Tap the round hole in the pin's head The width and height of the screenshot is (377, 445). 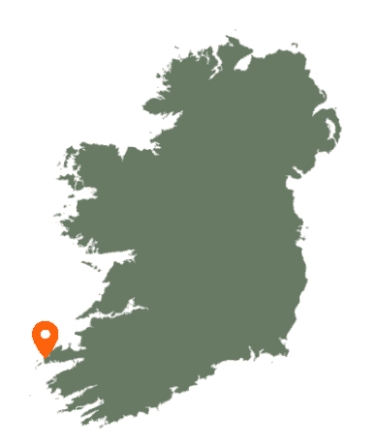(45, 335)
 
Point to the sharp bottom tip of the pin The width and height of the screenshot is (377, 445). (45, 359)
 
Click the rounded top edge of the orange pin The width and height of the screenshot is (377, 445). (45, 321)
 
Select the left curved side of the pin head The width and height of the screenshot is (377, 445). (33, 337)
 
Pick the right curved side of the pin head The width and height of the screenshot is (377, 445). (58, 337)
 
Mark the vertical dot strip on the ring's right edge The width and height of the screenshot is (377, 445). (307, 281)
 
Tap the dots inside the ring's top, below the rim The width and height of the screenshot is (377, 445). (170, 117)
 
